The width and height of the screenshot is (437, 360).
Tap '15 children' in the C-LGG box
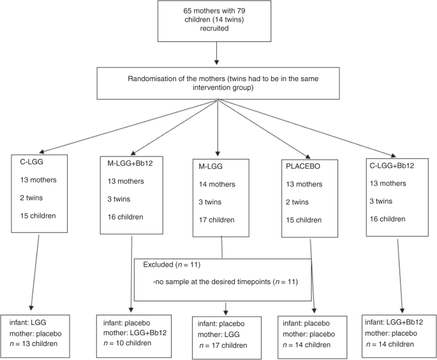tap(38, 215)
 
